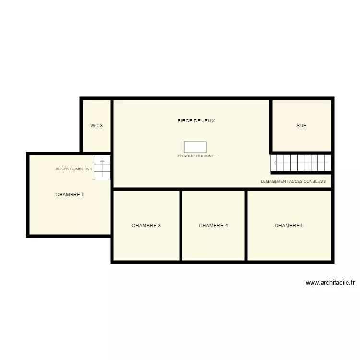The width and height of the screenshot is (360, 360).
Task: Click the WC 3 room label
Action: point(96,126)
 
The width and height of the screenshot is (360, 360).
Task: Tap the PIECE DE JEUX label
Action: point(196,121)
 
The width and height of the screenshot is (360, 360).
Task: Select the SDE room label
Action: point(301,126)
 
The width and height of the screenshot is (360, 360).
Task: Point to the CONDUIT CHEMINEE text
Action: point(197,156)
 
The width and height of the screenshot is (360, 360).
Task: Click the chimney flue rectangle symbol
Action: point(195,147)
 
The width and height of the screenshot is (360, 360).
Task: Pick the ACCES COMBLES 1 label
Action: point(73,169)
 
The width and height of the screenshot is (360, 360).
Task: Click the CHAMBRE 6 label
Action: point(70,195)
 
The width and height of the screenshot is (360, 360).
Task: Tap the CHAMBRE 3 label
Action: point(146,225)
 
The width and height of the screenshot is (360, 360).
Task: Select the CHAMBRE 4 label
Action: point(213,225)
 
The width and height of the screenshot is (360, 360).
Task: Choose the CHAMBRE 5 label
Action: point(289,225)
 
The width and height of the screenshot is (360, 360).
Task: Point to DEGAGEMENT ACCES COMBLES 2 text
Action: point(293,182)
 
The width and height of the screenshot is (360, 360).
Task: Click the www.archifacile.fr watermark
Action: point(330,283)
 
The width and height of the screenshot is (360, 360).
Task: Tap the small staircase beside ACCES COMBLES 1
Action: point(102,168)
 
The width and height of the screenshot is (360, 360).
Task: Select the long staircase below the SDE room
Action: point(301,163)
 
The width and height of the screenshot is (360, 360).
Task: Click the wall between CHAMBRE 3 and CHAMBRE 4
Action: point(180,225)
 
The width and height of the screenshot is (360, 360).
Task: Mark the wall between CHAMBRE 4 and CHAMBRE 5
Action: point(246,225)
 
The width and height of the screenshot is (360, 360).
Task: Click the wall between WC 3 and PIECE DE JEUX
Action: point(112,126)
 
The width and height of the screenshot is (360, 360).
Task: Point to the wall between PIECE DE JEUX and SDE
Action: point(271,126)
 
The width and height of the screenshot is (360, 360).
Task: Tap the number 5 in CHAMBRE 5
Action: point(302,225)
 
